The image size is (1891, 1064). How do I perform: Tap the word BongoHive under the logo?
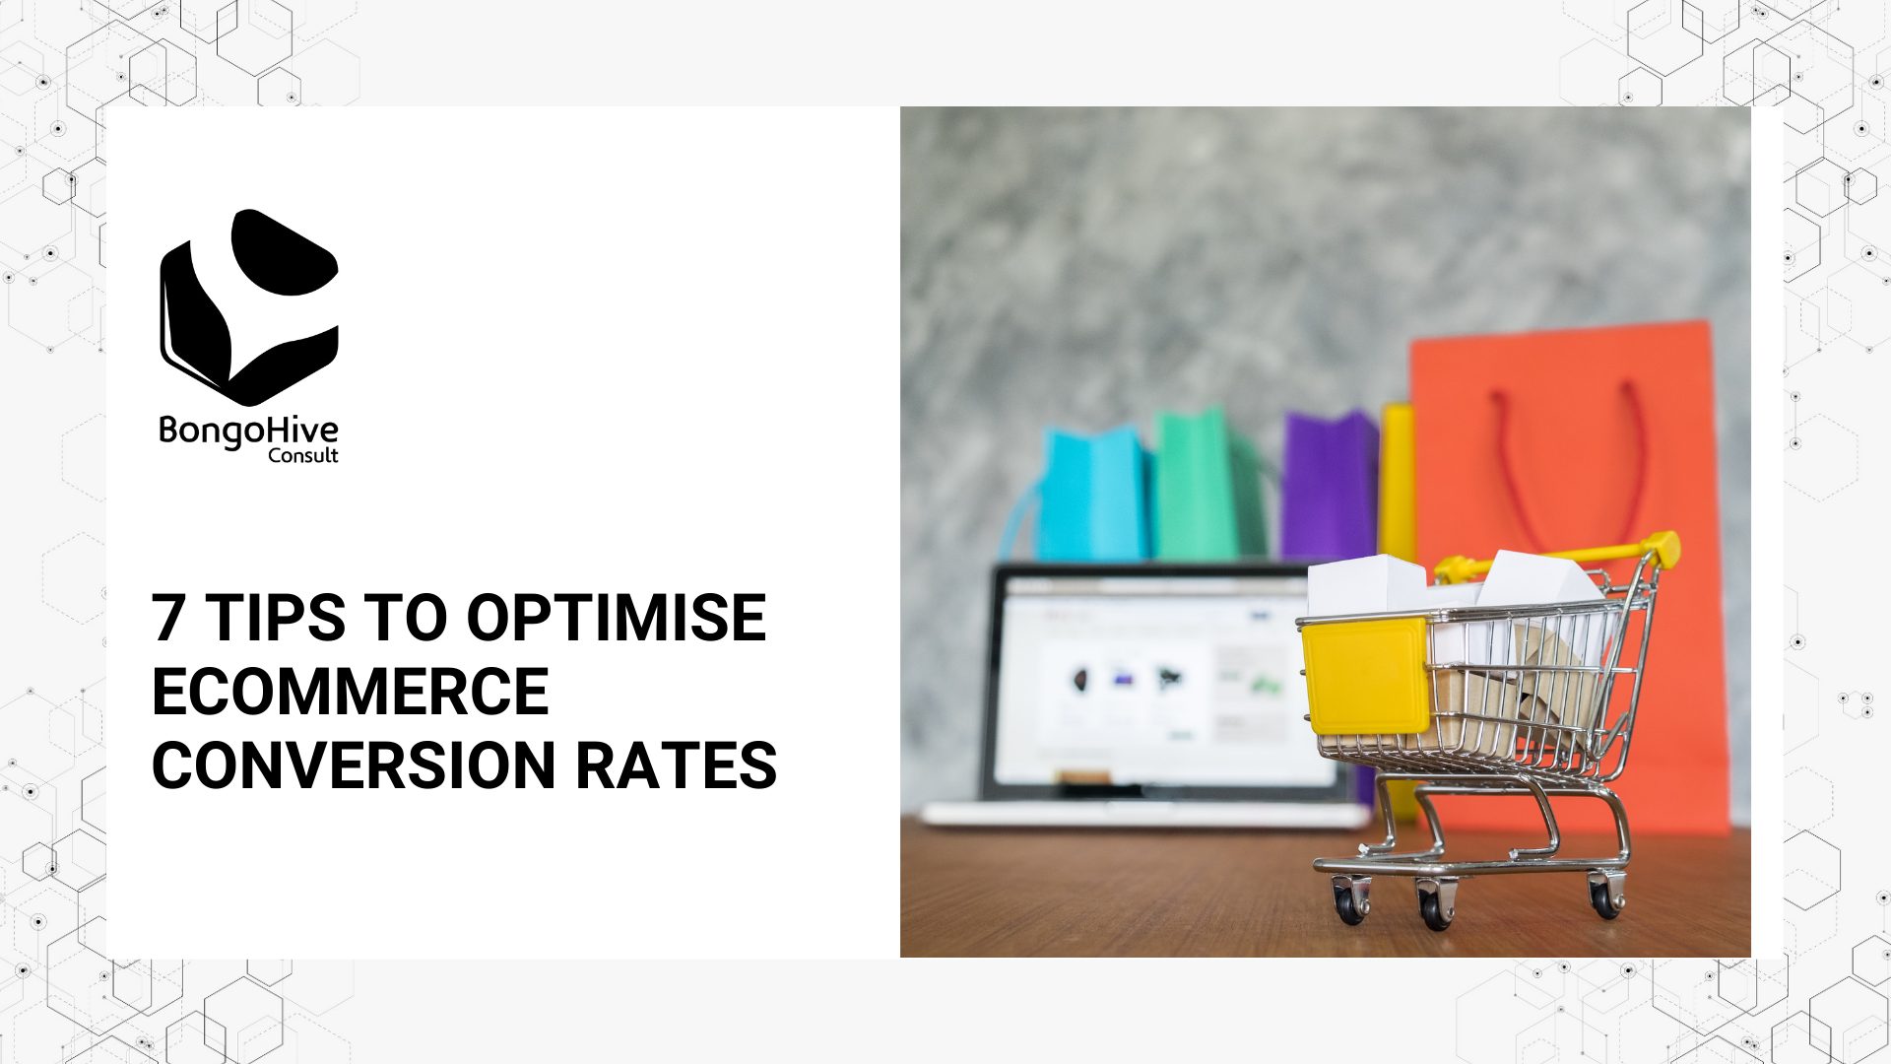(x=248, y=431)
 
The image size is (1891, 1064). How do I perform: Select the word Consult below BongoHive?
(x=302, y=455)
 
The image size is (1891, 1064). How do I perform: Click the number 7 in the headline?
(x=168, y=619)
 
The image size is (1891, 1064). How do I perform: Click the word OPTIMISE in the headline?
(x=616, y=619)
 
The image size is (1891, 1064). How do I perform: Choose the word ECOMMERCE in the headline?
(x=350, y=692)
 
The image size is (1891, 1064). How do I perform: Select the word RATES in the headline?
(x=677, y=765)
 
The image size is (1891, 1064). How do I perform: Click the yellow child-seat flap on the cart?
(x=1365, y=676)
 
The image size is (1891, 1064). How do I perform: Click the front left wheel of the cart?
(x=1435, y=905)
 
